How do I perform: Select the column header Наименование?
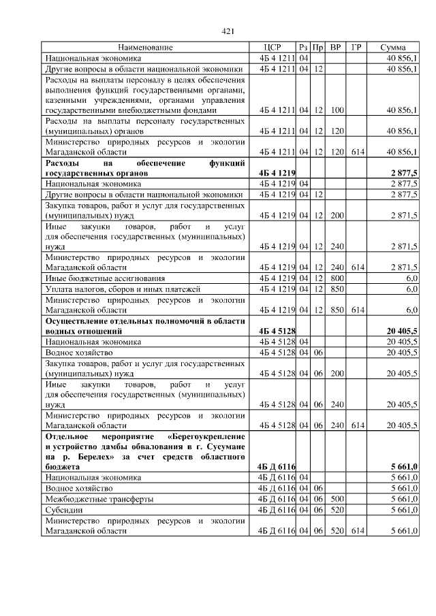point(145,48)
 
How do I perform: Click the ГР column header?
point(356,48)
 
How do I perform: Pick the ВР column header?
point(335,48)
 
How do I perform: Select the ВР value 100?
point(335,109)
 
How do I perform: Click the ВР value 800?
point(335,278)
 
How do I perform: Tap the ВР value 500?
point(335,499)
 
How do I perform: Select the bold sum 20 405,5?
point(401,331)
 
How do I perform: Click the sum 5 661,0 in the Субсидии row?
point(403,509)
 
